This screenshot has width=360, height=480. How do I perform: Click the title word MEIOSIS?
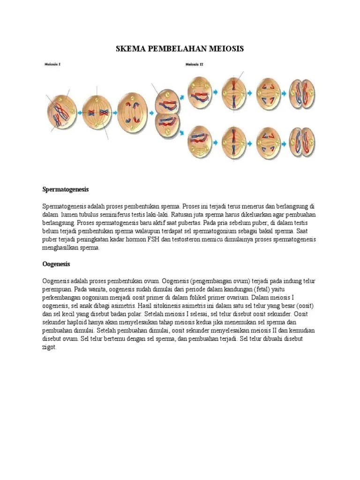coord(225,49)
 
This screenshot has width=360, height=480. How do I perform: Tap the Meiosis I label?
coord(52,65)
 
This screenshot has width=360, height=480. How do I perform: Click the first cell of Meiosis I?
coord(61,112)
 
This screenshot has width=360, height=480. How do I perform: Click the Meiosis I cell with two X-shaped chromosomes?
coord(97,112)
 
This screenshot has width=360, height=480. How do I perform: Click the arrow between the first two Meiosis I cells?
coord(79,112)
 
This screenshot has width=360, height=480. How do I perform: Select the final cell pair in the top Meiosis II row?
coord(302,92)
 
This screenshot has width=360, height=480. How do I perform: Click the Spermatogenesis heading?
coord(65,190)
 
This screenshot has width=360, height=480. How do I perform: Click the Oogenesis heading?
coord(56,264)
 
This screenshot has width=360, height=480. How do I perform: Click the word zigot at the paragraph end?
coord(49,347)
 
